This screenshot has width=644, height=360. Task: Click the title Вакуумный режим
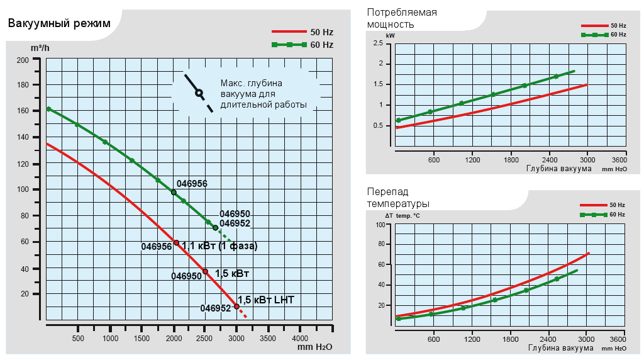59,23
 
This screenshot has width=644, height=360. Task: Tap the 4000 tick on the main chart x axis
299,339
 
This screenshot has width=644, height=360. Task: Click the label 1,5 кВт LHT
266,300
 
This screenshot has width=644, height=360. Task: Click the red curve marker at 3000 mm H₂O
236,307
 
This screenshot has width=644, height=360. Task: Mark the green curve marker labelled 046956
174,193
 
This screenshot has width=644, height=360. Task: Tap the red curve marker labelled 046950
205,271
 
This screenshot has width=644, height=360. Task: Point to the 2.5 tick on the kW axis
377,43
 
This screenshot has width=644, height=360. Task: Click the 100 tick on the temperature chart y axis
380,225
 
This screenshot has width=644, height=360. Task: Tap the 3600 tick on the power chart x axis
619,159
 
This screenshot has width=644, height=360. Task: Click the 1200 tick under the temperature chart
472,340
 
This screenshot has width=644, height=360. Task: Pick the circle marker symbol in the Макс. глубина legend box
199,93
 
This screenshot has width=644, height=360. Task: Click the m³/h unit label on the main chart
40,48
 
